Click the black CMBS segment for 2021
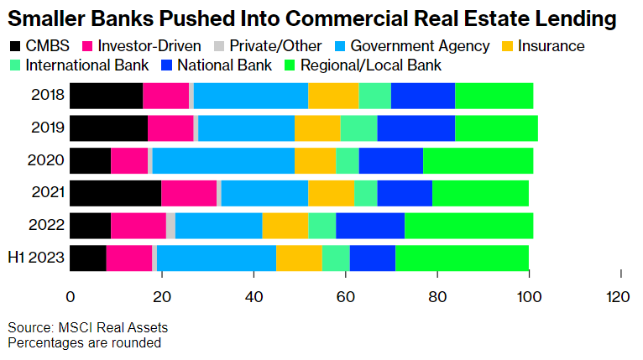(x=115, y=193)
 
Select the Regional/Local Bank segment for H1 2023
(x=462, y=258)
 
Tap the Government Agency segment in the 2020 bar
(x=222, y=160)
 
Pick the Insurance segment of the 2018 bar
(x=333, y=97)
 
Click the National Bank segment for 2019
(x=416, y=128)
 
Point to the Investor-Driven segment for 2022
(x=139, y=225)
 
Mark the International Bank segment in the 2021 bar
(x=365, y=193)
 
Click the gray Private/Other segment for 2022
(x=170, y=225)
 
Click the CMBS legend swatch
(x=15, y=46)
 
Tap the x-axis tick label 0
(x=71, y=296)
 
